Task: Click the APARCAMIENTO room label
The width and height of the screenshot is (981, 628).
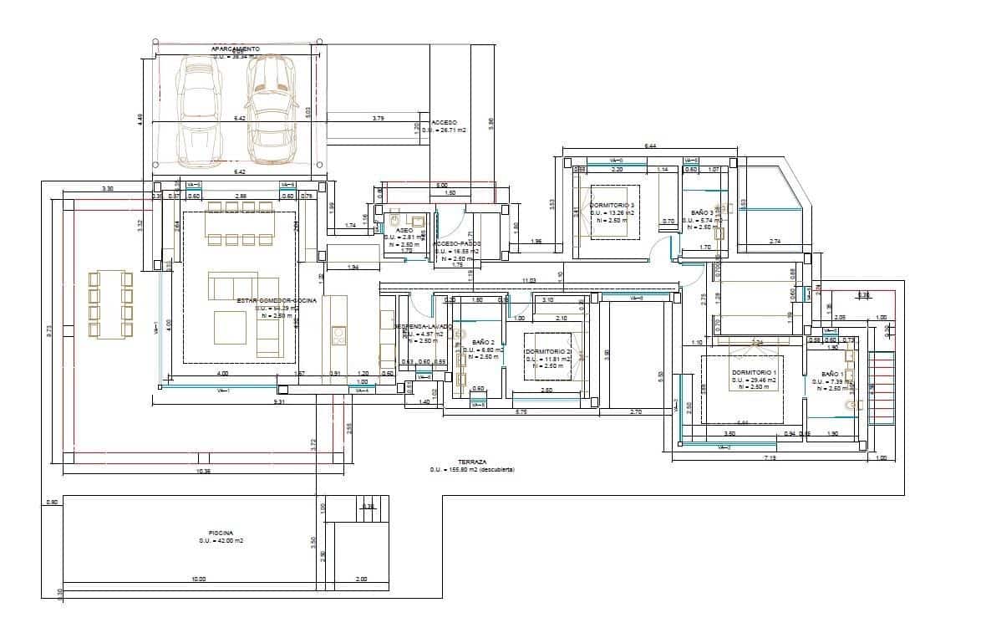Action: tap(236, 50)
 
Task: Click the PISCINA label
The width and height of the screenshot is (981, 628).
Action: tap(221, 533)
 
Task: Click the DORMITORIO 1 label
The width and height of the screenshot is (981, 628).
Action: tap(754, 372)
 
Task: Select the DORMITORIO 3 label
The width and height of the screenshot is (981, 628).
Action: tap(612, 205)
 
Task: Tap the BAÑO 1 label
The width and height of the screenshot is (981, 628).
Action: tap(833, 374)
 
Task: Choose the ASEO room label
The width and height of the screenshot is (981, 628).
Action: tap(404, 229)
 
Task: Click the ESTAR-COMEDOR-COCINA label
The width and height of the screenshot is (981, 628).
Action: tap(276, 300)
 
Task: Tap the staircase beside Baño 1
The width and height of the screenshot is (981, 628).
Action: tap(882, 385)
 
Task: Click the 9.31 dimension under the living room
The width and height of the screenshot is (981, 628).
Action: tap(280, 402)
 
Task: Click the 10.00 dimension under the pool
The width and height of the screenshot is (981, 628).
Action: tap(199, 579)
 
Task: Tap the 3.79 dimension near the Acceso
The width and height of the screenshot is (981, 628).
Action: tap(378, 119)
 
